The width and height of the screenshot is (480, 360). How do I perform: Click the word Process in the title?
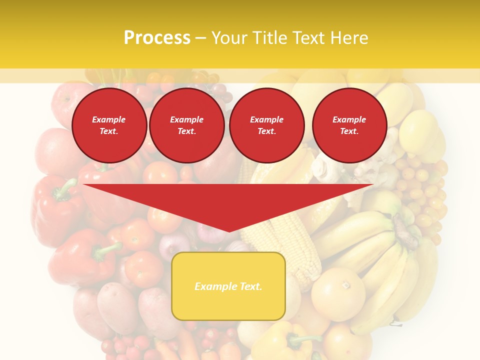[157, 38]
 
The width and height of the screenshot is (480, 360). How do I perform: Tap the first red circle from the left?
[109, 125]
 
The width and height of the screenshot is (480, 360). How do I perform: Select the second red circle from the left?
[186, 125]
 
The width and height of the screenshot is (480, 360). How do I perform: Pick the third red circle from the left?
[266, 125]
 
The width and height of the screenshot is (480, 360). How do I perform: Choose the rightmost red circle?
[349, 125]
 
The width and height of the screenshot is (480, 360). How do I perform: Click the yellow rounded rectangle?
[228, 286]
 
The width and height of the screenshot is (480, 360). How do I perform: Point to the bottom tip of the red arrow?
[229, 230]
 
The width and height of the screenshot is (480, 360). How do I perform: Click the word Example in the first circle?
[109, 119]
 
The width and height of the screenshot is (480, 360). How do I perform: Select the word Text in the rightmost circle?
[349, 131]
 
